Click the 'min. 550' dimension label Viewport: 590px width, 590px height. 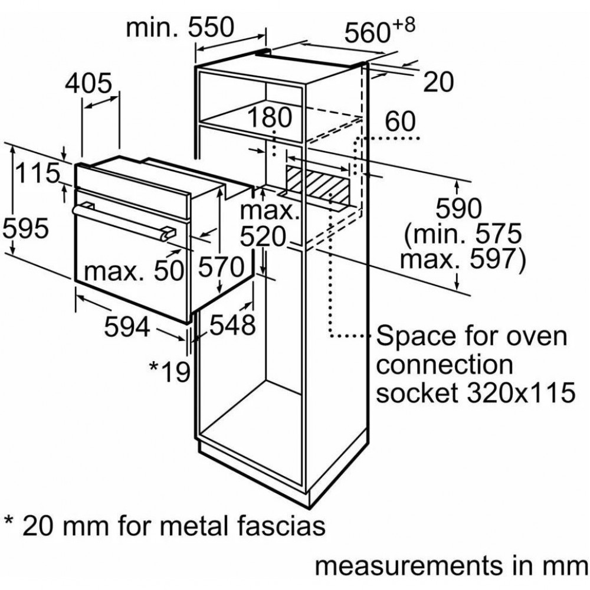coord(180,28)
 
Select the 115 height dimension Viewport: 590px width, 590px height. coord(38,173)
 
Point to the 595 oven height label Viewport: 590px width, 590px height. coord(25,228)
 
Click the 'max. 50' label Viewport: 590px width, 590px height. coord(134,271)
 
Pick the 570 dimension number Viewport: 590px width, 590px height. coord(221,267)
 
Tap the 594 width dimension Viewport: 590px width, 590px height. coord(127,326)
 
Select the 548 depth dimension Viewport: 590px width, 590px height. coord(232,324)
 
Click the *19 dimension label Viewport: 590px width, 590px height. coord(170,371)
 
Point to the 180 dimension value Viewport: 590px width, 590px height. coord(270,117)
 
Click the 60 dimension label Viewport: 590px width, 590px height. coord(401,121)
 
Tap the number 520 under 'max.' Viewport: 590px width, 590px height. coord(263,237)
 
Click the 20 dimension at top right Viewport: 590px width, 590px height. coord(438,82)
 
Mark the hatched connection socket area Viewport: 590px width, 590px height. coord(317,183)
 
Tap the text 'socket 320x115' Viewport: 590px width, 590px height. coord(476,392)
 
